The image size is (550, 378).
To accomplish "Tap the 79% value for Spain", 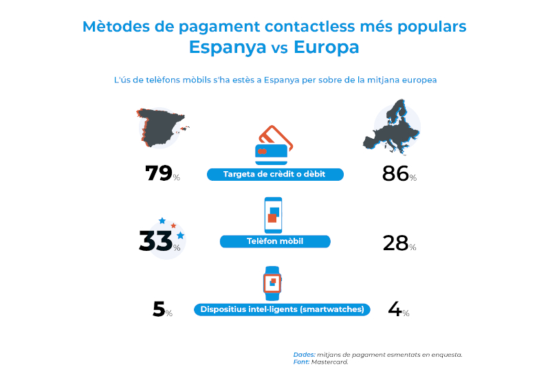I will point(159,173).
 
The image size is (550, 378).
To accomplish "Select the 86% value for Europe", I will point(396,173).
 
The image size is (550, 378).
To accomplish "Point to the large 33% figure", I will point(155,241).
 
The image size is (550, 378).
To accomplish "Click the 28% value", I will point(396,242).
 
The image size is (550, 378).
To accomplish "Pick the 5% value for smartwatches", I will point(159,309).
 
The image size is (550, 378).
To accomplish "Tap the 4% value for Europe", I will point(395,309).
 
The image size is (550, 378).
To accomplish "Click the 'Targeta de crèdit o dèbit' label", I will point(274,175).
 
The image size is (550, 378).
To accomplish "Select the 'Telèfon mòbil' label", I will point(275,241).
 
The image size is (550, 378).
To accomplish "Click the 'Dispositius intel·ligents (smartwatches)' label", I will point(282,309).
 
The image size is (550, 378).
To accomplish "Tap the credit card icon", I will point(274,143).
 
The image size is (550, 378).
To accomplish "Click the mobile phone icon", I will point(274,214).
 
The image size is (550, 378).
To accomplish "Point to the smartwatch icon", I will point(273,282).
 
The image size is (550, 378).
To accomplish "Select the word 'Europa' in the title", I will point(327,47).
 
